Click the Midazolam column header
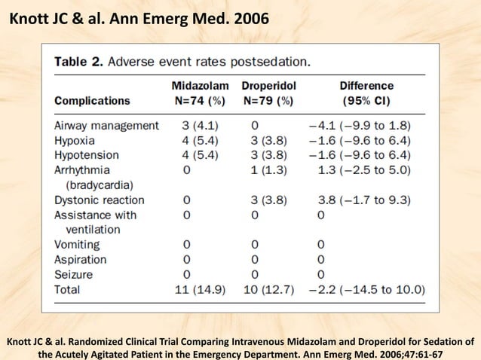pos(200,86)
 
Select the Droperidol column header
pos(268,86)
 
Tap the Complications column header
pos(92,100)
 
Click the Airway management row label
pos(106,125)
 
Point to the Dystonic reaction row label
pos(99,200)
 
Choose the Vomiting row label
pos(79,245)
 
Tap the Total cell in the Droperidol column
pos(268,289)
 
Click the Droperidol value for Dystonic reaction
pos(268,200)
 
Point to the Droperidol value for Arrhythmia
pos(268,170)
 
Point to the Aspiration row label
pos(80,260)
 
